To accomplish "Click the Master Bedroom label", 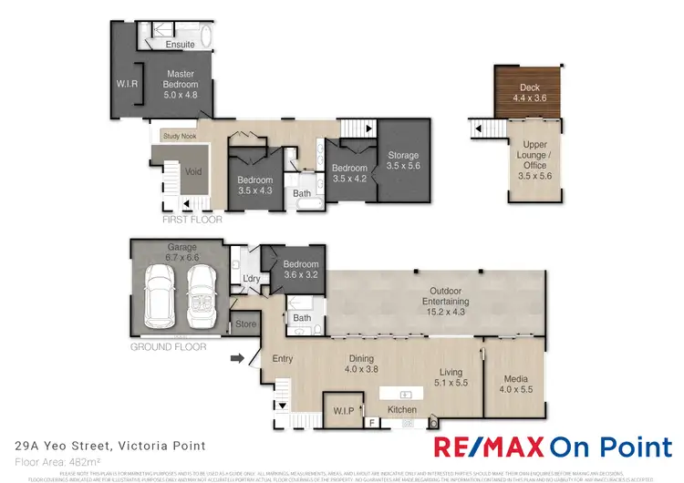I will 181,83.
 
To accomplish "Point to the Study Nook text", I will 179,137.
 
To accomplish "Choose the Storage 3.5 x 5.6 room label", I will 401,161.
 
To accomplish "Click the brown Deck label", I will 530,93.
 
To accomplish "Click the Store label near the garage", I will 244,323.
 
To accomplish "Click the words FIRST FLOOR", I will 192,220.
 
